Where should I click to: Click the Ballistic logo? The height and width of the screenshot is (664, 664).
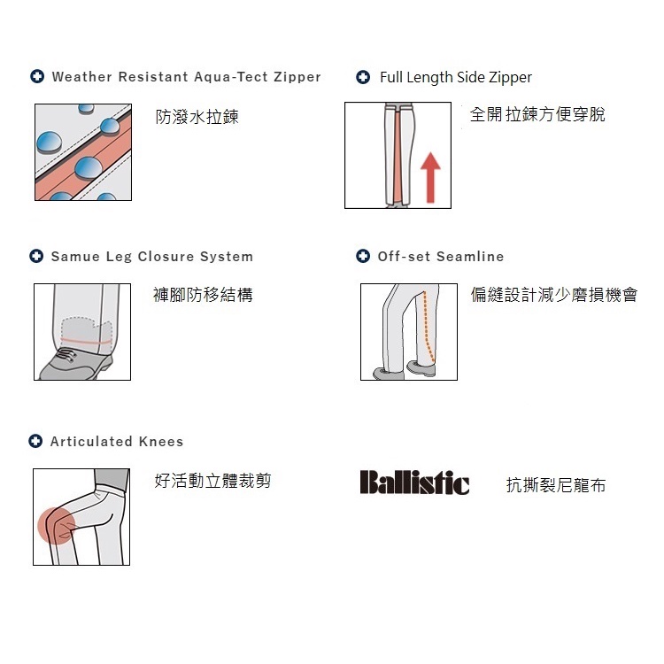414,483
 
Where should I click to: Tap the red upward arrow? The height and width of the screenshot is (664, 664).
430,177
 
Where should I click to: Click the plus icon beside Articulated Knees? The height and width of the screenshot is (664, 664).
35,441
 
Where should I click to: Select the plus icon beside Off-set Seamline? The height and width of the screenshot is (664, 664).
363,256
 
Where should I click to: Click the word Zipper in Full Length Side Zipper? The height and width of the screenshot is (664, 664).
510,78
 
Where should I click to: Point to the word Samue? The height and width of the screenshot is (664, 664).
75,256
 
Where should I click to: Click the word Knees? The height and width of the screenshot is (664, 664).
161,441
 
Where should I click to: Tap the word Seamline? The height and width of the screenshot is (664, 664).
470,256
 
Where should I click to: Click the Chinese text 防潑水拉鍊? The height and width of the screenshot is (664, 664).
197,117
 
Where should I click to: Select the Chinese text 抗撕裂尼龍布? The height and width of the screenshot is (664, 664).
556,485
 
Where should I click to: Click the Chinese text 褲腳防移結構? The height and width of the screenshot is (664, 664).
203,294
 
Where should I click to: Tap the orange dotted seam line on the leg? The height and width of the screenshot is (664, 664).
427,327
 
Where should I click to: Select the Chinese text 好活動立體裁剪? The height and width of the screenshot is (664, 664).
212,481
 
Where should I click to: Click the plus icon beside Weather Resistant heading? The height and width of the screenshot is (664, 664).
37,76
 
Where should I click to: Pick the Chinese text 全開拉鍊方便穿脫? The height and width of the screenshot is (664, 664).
537,114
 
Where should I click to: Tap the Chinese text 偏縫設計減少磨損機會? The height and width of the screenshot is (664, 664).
554,294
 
